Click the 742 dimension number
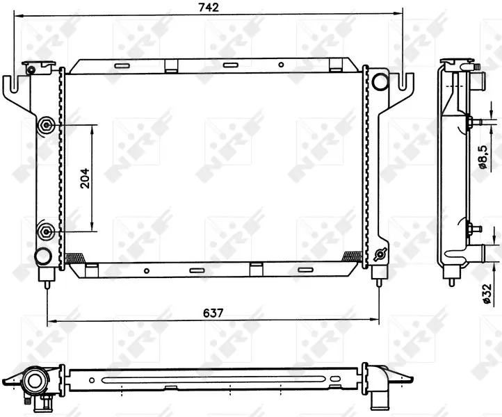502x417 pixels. (x=209, y=8)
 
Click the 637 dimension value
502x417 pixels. (x=213, y=313)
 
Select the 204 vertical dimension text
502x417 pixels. (x=85, y=178)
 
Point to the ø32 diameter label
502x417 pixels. (x=487, y=293)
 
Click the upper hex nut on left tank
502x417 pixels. (x=46, y=125)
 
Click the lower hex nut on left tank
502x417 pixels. (x=45, y=231)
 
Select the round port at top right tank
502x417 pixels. (x=380, y=81)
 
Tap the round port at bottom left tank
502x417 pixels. (x=42, y=256)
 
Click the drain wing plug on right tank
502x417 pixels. (x=380, y=254)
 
